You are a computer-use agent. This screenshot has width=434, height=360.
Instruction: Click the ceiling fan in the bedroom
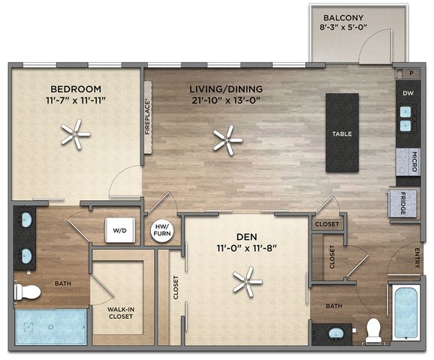(75, 134)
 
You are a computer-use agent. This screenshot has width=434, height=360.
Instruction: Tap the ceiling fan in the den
(247, 282)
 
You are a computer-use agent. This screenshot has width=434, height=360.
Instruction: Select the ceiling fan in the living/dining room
(228, 140)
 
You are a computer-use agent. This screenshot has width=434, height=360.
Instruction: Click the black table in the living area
(342, 133)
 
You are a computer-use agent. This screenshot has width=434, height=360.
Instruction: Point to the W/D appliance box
(120, 230)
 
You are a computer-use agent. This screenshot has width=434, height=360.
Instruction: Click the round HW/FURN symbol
(162, 230)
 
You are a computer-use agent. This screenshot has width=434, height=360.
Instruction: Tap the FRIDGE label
(402, 203)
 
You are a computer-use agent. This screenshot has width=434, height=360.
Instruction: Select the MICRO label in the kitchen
(414, 162)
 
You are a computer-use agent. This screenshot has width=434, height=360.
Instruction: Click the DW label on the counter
(408, 93)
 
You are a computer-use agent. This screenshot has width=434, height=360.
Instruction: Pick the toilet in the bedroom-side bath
(27, 292)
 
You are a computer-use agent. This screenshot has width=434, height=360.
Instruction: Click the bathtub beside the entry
(406, 313)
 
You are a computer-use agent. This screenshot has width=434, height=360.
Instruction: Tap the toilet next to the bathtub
(373, 331)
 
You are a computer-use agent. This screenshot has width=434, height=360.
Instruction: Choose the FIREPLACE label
(147, 118)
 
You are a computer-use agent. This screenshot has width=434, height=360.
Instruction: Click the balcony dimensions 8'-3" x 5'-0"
(343, 27)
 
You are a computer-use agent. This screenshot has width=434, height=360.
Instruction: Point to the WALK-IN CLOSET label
(121, 313)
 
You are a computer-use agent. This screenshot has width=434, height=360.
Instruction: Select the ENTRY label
(417, 258)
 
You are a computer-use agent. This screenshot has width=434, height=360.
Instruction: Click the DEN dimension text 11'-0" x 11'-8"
(247, 248)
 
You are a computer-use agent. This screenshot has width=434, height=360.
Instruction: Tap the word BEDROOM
(76, 89)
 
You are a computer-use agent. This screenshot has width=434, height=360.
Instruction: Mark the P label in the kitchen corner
(411, 73)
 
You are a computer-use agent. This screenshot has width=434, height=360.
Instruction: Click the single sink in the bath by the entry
(336, 333)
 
